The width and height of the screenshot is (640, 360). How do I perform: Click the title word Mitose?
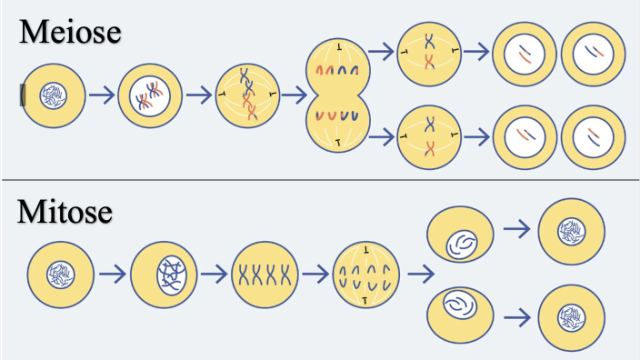tap(65, 213)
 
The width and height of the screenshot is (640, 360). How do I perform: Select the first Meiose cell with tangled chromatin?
tap(54, 94)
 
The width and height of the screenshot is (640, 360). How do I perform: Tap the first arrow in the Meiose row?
tap(102, 94)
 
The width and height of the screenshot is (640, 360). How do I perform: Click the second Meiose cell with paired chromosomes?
tap(149, 94)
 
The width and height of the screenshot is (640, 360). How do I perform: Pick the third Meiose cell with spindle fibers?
tap(245, 94)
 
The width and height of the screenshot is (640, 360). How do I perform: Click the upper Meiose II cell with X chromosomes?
tap(429, 54)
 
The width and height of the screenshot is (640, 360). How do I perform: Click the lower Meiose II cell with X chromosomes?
tap(429, 137)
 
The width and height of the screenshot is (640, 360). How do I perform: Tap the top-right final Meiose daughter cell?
tap(593, 53)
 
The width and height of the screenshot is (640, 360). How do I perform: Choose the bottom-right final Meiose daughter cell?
tap(593, 137)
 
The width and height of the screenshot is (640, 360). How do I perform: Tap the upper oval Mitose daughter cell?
tap(463, 238)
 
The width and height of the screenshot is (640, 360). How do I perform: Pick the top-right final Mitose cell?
tap(572, 231)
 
